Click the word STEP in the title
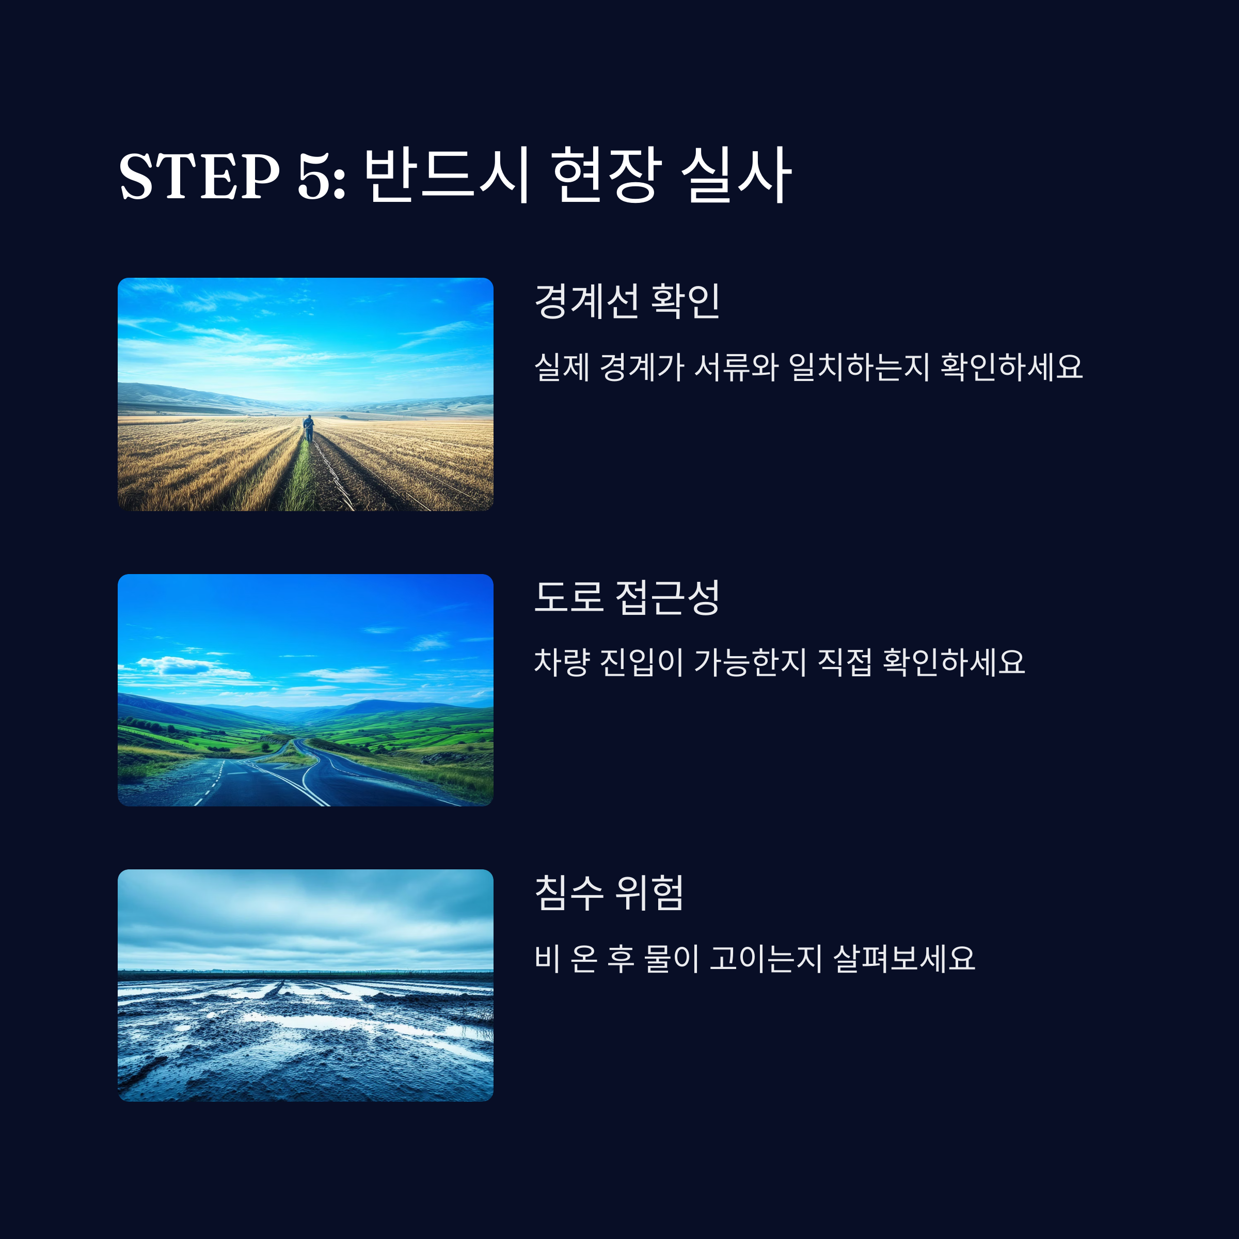(199, 176)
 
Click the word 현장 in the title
(606, 174)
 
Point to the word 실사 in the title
(736, 174)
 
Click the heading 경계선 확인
(627, 301)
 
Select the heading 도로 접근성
(627, 597)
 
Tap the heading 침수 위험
(609, 893)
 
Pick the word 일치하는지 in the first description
(859, 368)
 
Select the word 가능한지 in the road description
(750, 662)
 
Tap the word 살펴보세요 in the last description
(904, 959)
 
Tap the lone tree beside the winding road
(265, 747)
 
